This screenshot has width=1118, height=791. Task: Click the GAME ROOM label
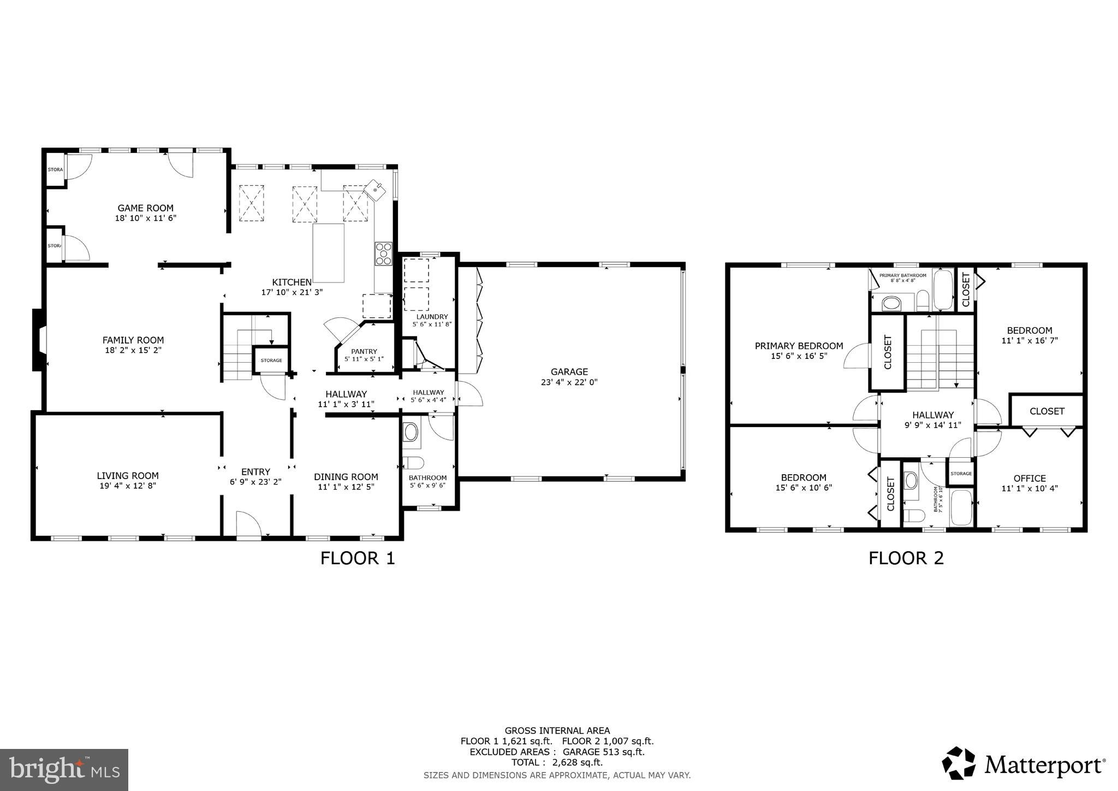pyautogui.click(x=145, y=208)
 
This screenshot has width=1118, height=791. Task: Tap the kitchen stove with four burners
pyautogui.click(x=383, y=253)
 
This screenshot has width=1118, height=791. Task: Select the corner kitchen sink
pyautogui.click(x=376, y=189)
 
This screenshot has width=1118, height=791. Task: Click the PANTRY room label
pyautogui.click(x=364, y=351)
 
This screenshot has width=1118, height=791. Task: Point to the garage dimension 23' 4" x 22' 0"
pyautogui.click(x=569, y=382)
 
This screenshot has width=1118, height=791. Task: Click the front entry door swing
pyautogui.click(x=248, y=523)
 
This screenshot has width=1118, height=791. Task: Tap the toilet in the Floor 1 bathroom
pyautogui.click(x=414, y=463)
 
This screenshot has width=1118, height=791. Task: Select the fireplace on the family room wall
pyautogui.click(x=39, y=340)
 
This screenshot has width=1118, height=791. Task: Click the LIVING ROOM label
pyautogui.click(x=128, y=476)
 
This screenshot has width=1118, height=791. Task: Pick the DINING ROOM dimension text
pyautogui.click(x=346, y=487)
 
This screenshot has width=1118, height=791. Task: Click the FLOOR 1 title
pyautogui.click(x=357, y=558)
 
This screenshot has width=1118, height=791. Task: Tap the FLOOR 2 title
pyautogui.click(x=906, y=558)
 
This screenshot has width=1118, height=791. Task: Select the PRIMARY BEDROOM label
pyautogui.click(x=799, y=346)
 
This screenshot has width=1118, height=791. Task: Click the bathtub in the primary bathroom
pyautogui.click(x=943, y=290)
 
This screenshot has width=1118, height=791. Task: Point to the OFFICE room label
pyautogui.click(x=1030, y=478)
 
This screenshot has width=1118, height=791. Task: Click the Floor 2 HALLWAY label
pyautogui.click(x=932, y=415)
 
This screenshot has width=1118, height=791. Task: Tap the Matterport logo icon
pyautogui.click(x=959, y=763)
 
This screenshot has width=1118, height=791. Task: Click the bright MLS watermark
pyautogui.click(x=64, y=770)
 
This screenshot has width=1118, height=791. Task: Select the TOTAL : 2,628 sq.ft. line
pyautogui.click(x=557, y=762)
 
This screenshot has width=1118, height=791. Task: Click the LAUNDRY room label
pyautogui.click(x=432, y=317)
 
